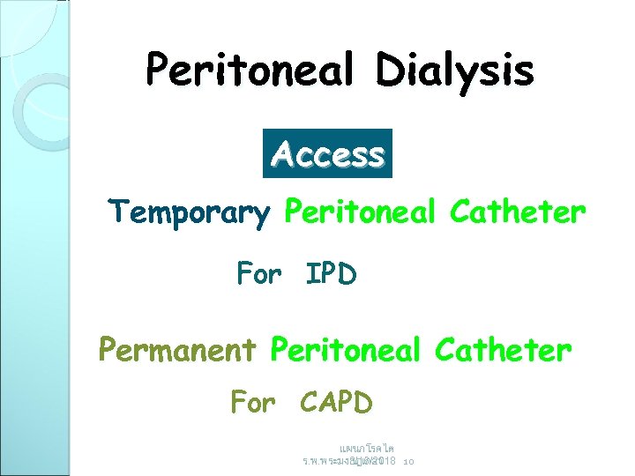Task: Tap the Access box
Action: pyautogui.click(x=327, y=154)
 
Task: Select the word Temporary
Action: pyautogui.click(x=188, y=213)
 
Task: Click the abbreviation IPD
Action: pyautogui.click(x=331, y=274)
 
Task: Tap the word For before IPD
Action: pyautogui.click(x=258, y=274)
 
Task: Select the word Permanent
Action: pyautogui.click(x=176, y=350)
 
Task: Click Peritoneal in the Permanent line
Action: pyautogui.click(x=347, y=350)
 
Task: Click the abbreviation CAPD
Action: pyautogui.click(x=336, y=403)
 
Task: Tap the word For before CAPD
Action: pyautogui.click(x=253, y=403)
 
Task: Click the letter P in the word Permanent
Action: pyautogui.click(x=108, y=350)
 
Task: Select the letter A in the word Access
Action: pyautogui.click(x=283, y=155)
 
